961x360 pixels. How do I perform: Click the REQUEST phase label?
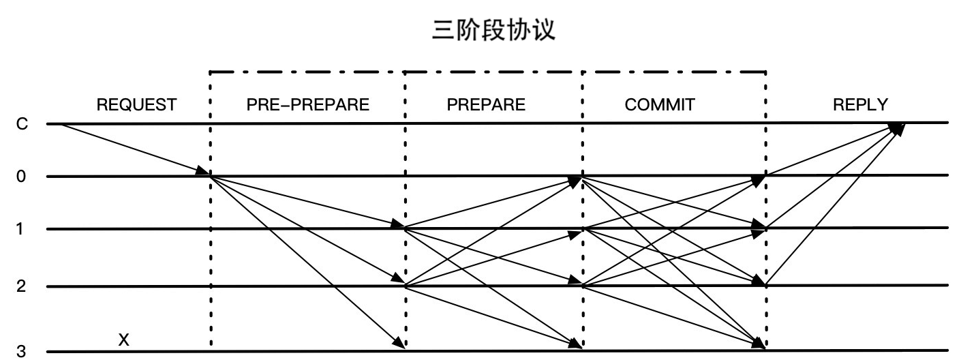tap(136, 105)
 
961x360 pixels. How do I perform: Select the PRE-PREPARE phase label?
tap(307, 105)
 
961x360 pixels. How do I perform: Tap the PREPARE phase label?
tap(486, 105)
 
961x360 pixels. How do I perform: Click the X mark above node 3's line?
tap(123, 339)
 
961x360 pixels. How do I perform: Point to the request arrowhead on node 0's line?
tap(203, 171)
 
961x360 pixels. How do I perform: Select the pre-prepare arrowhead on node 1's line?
tap(398, 225)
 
